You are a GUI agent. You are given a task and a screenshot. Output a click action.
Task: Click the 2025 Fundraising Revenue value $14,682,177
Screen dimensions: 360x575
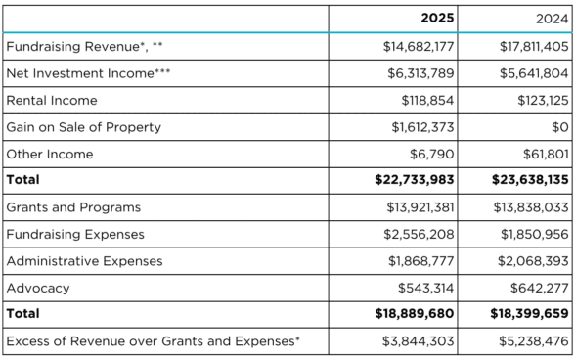(x=412, y=46)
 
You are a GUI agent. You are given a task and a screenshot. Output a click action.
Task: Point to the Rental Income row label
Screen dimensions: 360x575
(x=51, y=100)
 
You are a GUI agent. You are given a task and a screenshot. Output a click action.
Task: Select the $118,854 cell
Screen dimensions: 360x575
(x=426, y=100)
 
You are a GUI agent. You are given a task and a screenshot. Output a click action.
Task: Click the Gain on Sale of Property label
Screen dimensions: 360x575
(x=84, y=127)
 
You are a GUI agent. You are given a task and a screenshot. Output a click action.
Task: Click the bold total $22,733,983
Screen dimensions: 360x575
(x=410, y=180)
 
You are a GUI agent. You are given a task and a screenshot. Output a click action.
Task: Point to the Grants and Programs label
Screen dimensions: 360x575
(x=73, y=207)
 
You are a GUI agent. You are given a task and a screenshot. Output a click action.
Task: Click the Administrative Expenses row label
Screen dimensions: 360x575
(x=84, y=261)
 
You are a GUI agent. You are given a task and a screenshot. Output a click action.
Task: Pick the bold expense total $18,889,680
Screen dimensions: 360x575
(x=410, y=315)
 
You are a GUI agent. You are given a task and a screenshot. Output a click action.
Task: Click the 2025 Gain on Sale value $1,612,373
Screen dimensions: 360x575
(x=419, y=127)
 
